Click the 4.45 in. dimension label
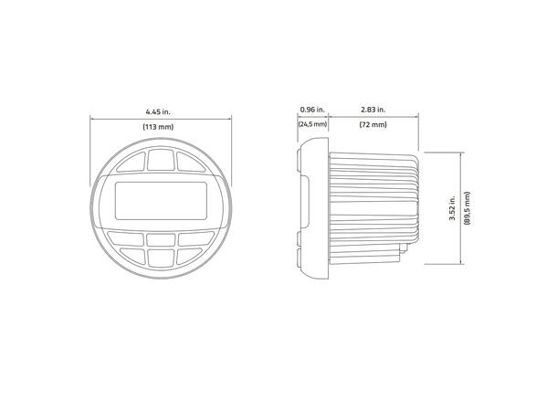(x=161, y=110)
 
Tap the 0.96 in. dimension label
(x=311, y=110)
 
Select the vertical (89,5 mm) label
(x=467, y=208)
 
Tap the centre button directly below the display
(x=161, y=239)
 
